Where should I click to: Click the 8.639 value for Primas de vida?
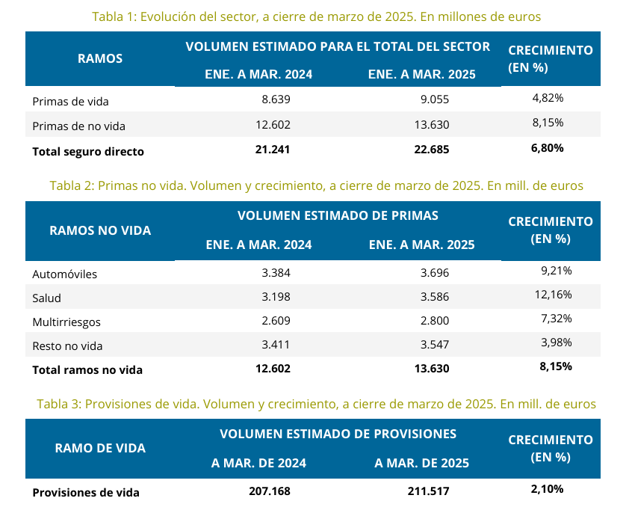pos(276,99)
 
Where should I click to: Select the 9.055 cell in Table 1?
pos(435,99)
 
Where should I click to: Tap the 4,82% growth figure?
pos(548,98)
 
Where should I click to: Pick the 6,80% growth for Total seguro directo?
pos(547,148)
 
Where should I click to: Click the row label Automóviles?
pos(65,274)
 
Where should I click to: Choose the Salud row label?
pos(46,298)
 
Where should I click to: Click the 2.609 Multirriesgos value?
pos(276,321)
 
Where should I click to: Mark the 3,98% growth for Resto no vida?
pos(556,342)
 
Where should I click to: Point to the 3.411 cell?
pos(276,345)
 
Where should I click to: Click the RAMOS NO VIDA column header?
pos(100,230)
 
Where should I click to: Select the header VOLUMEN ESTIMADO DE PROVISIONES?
pos(338,434)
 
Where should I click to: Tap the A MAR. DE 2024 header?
pos(258,463)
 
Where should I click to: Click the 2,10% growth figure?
pos(547,489)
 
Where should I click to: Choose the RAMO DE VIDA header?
pos(100,449)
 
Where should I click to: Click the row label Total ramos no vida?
pos(87,369)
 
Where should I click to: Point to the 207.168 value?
pos(269,491)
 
